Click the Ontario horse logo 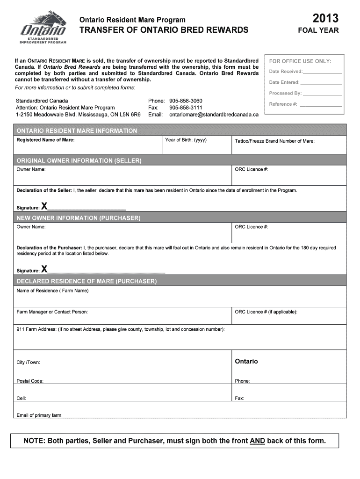point(43,28)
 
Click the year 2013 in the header point(325,19)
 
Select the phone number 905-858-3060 point(186,101)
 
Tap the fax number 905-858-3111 point(186,108)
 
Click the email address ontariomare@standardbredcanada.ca point(214,114)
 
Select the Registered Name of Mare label point(45,140)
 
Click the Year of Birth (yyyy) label point(186,140)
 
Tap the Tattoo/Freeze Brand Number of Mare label point(274,141)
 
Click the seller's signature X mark point(44,206)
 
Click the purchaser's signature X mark point(44,269)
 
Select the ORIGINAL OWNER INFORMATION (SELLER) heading point(79,160)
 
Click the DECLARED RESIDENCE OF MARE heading point(86,281)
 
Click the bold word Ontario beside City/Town point(246,362)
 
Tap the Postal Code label point(30,381)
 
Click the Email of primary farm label point(39,415)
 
